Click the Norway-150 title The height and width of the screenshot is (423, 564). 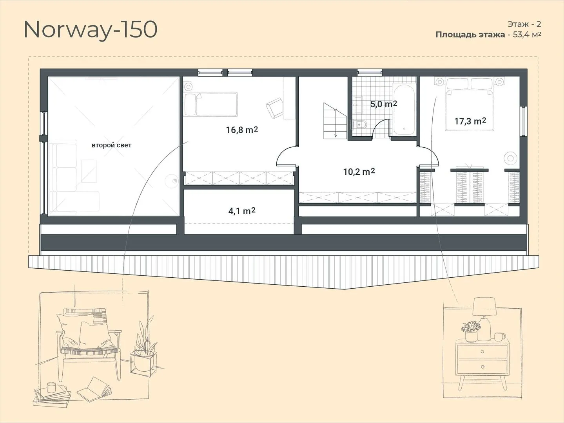[91, 31]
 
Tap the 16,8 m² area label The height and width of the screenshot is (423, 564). [242, 130]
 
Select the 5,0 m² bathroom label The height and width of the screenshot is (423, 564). [384, 104]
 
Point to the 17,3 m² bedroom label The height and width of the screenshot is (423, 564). [470, 121]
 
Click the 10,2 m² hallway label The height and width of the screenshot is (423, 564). [359, 172]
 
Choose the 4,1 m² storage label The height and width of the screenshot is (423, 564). [242, 211]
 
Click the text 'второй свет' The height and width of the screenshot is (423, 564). [112, 145]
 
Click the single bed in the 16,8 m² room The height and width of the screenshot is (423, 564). [211, 105]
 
